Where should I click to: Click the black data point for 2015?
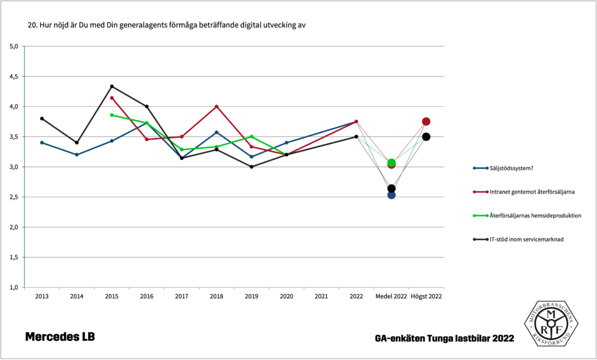(x=112, y=86)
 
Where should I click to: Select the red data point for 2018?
(x=217, y=106)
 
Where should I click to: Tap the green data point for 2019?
(x=252, y=137)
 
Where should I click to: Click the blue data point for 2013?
(x=42, y=142)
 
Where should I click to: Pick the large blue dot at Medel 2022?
(x=392, y=195)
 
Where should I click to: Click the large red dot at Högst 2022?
(x=426, y=121)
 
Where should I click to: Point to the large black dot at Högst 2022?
(x=426, y=137)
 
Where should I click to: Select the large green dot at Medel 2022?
(x=392, y=163)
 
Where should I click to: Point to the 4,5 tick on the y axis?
(x=15, y=76)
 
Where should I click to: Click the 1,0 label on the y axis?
(x=15, y=288)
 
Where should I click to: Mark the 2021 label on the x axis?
(x=321, y=296)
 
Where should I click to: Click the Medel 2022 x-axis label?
(x=391, y=296)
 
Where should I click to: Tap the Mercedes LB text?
(x=59, y=337)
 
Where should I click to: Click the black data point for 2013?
(x=42, y=118)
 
